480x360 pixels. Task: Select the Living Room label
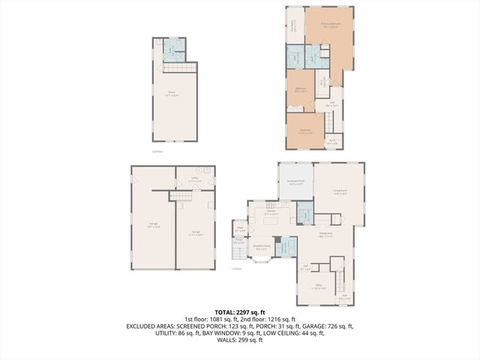click(x=339, y=192)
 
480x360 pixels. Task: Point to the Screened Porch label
click(x=295, y=182)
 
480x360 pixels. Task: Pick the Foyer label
click(x=241, y=229)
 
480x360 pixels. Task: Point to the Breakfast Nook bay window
click(x=260, y=259)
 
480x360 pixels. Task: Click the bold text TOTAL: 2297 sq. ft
click(x=239, y=311)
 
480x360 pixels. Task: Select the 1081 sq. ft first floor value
click(x=217, y=319)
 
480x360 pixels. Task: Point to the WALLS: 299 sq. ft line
click(x=239, y=340)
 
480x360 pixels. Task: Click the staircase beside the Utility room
click(x=181, y=195)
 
